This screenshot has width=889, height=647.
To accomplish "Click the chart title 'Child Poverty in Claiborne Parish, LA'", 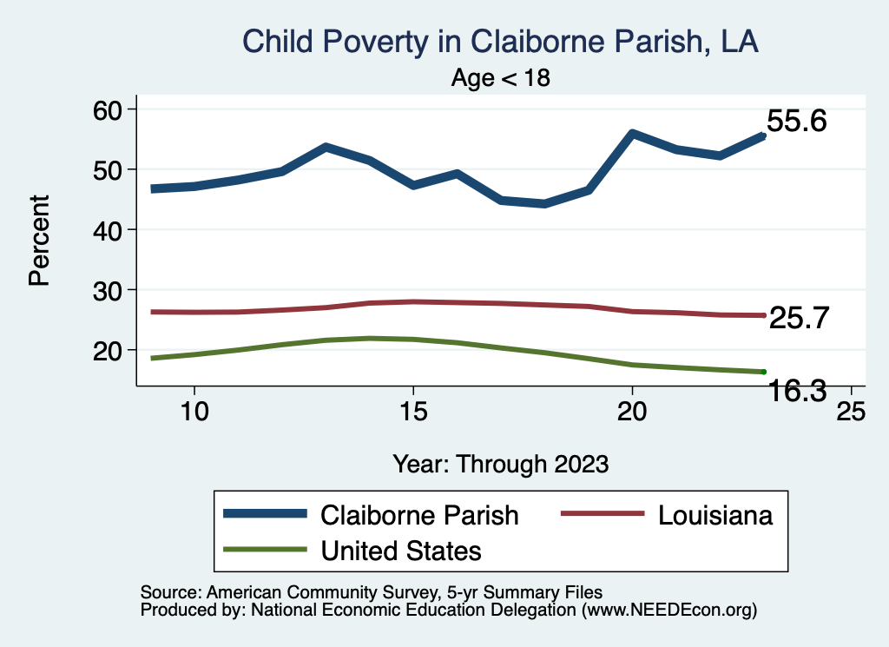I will pyautogui.click(x=500, y=42).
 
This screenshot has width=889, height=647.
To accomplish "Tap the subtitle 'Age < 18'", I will pyautogui.click(x=500, y=78).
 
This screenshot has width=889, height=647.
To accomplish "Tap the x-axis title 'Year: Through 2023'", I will pyautogui.click(x=500, y=464).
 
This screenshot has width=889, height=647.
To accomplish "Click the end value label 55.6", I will pyautogui.click(x=796, y=122).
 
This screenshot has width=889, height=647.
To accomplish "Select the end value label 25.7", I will pyautogui.click(x=800, y=319).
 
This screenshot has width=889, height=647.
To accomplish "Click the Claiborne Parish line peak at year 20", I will pyautogui.click(x=632, y=134).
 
